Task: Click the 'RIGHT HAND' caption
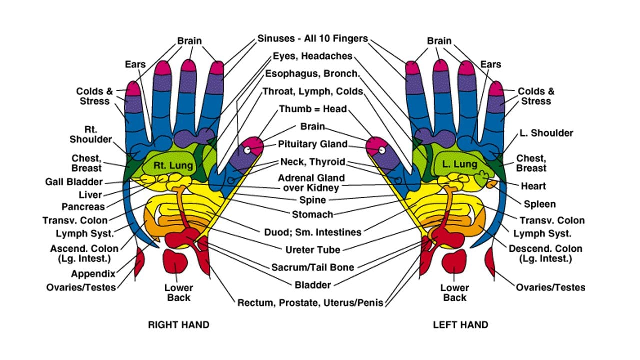pos(178,325)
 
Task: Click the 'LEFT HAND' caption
pos(460,325)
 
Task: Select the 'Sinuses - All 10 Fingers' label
pos(313,38)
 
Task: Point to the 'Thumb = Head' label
pos(313,109)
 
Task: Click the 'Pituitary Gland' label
pos(313,144)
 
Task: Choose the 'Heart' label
pos(533,186)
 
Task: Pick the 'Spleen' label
pos(539,204)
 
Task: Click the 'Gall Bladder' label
pos(74,182)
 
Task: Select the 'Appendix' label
pos(93,274)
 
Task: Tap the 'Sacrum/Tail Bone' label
pos(313,267)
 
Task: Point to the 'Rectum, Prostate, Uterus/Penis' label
pos(310,303)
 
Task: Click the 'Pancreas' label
pos(83,207)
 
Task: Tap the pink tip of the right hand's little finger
pos(133,89)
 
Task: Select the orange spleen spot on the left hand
pos(492,184)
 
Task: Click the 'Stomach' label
pos(313,214)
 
